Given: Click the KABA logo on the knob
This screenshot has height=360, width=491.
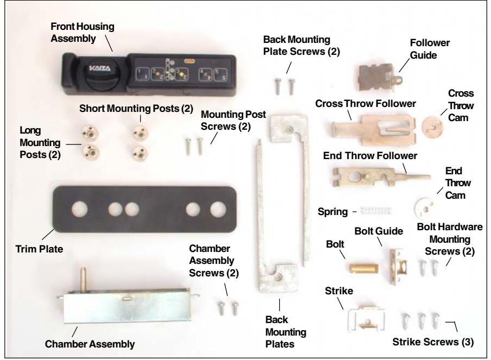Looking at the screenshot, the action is (100, 68).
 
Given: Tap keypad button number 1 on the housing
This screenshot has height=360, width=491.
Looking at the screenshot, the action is (142, 74).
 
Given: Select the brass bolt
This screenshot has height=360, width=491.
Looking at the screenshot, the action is (363, 268).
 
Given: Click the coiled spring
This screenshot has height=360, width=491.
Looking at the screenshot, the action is (376, 210).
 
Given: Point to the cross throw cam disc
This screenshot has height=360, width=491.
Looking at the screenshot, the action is (432, 127).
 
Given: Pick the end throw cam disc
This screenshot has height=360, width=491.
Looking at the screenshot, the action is (425, 207).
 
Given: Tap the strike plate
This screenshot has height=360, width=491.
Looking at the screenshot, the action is (366, 318).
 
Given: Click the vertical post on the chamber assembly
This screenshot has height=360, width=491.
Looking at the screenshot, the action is (84, 279).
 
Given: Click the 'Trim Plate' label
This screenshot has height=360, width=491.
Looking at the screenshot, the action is (39, 249).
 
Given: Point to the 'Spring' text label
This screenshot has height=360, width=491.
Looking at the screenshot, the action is (332, 212).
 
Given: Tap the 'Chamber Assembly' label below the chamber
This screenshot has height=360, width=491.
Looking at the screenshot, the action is (90, 344).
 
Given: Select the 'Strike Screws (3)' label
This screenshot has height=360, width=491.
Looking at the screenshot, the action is (433, 342).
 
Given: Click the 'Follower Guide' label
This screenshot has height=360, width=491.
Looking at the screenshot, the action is (430, 49).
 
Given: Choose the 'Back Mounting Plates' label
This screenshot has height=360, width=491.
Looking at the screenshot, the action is (286, 332).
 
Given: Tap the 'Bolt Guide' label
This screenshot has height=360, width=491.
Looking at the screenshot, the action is (379, 231).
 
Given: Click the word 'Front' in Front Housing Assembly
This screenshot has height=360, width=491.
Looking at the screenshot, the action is (63, 27).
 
